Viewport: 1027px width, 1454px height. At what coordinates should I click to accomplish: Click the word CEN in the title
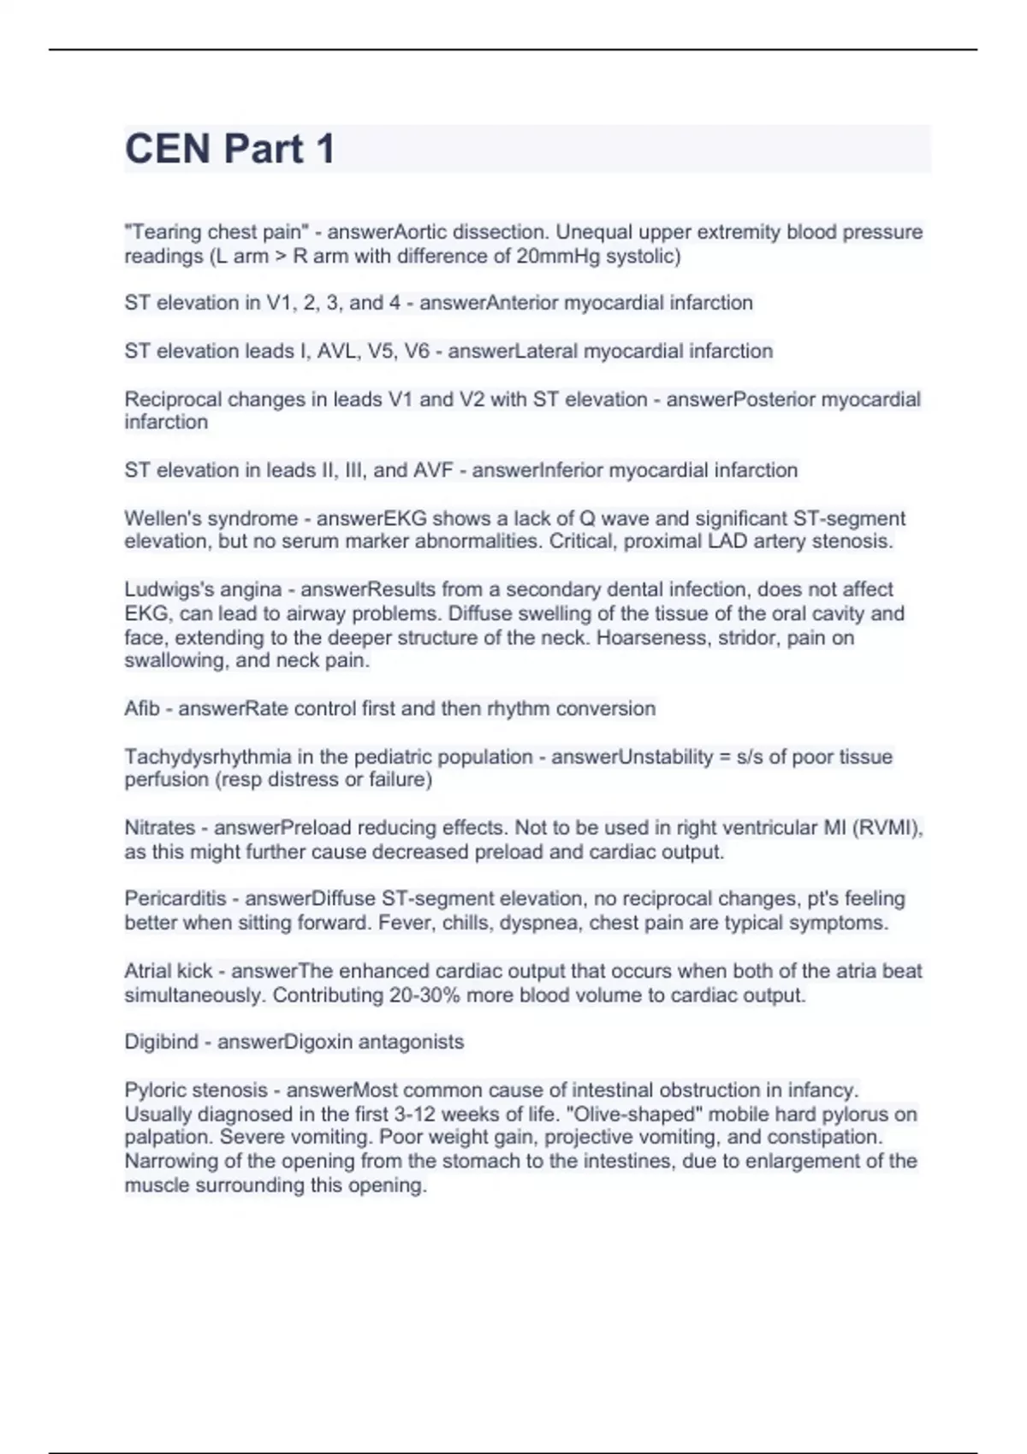click(168, 149)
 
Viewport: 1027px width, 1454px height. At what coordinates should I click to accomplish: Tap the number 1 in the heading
click(324, 149)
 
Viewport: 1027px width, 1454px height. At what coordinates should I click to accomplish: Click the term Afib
click(142, 708)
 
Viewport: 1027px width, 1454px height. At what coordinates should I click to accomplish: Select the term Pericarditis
click(175, 898)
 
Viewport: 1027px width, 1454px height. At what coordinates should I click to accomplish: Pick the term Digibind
click(162, 1042)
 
